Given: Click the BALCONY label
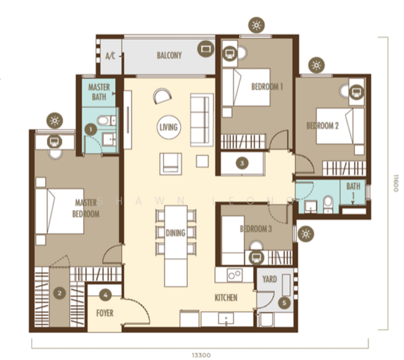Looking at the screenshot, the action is point(169,55).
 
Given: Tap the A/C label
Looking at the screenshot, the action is point(110,56).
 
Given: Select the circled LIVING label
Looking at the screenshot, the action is point(169,127).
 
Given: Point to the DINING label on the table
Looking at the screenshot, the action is point(175,233).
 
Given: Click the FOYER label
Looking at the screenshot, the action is point(105,313).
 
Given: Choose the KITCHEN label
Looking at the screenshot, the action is point(226,298).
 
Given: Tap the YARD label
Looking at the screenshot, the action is point(270,279).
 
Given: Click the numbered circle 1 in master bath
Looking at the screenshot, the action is point(91,130).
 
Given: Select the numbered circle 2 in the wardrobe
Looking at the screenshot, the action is point(59,293).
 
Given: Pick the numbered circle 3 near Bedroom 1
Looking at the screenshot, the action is point(242,163).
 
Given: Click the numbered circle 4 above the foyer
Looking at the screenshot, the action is point(106,295).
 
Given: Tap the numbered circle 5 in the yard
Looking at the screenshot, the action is point(285,303).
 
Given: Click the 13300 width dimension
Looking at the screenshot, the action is point(201,355).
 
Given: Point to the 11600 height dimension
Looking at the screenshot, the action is point(396,183).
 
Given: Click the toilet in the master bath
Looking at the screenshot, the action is point(106,121).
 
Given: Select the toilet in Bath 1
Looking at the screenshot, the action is point(328,205).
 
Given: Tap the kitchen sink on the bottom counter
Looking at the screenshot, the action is point(226,319).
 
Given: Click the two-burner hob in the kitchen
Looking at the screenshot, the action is point(235,275).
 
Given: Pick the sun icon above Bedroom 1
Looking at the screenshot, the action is point(256,25).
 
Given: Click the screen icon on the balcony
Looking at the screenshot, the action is point(206,49).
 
